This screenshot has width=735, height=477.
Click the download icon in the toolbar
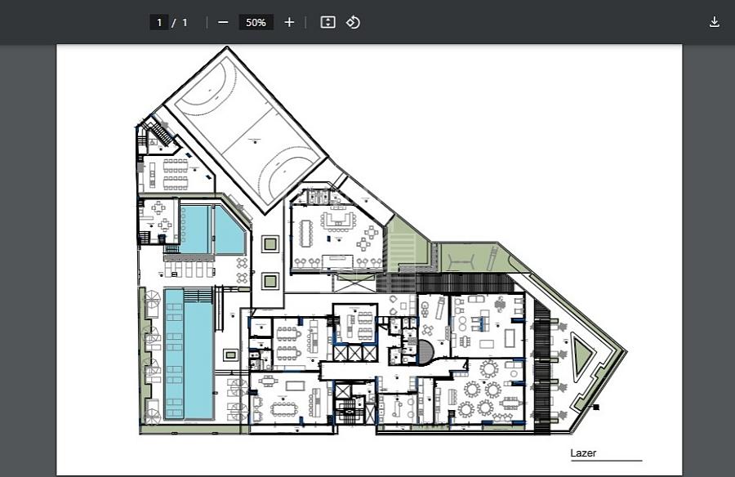tap(714, 22)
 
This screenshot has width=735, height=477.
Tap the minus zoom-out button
tap(223, 22)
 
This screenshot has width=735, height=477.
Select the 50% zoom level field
tap(256, 22)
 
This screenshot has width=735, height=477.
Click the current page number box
tap(159, 22)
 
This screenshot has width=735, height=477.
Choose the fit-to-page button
tap(327, 22)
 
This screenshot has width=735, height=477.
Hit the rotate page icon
tap(353, 22)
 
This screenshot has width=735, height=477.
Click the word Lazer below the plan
tap(583, 453)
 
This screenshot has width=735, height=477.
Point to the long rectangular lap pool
tap(189, 354)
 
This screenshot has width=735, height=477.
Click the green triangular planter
tap(581, 355)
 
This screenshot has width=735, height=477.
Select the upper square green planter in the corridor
tap(270, 244)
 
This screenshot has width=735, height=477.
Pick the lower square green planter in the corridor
tap(270, 282)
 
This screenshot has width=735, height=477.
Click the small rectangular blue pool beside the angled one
tap(195, 230)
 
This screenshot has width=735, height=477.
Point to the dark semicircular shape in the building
tap(426, 352)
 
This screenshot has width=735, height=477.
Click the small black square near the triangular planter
tap(596, 407)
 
